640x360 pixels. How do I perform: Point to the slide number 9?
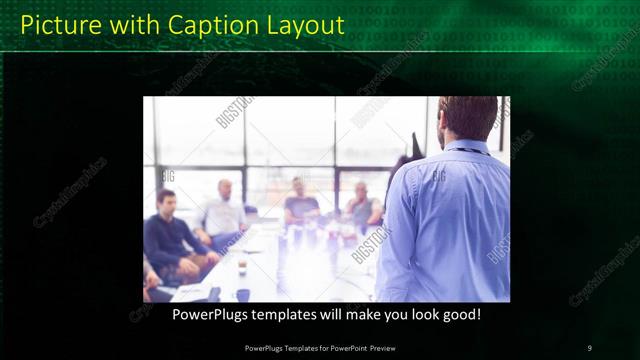tap(589, 347)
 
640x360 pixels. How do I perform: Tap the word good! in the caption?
tap(462, 314)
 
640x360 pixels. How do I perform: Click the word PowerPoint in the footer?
tap(340, 347)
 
